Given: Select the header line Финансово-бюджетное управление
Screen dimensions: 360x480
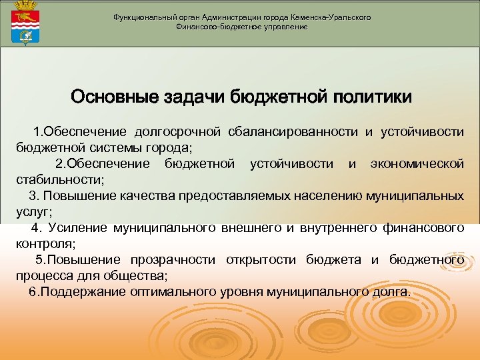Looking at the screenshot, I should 241,27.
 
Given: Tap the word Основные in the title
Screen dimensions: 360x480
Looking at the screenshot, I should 113,97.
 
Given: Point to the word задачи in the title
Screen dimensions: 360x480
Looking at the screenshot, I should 193,97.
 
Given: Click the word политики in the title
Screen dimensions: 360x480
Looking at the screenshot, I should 373,97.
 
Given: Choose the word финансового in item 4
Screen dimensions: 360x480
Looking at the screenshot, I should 424,229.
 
